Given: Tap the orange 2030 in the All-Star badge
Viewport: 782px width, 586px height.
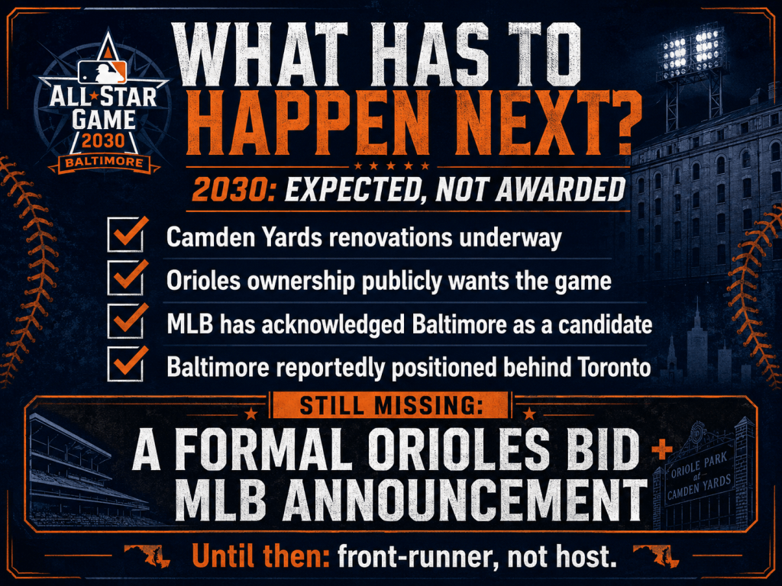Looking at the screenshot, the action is click(x=103, y=141).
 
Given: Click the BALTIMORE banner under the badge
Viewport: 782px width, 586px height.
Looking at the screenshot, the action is click(x=104, y=163).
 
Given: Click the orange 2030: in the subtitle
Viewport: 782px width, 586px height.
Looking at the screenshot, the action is click(x=234, y=189).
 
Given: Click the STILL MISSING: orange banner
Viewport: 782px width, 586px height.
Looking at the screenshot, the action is click(x=390, y=405).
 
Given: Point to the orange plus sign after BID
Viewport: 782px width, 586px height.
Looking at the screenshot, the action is click(x=662, y=450).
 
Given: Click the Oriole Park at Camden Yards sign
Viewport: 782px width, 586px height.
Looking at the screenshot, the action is click(x=700, y=477).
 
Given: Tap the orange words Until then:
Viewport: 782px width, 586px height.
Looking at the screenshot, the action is click(x=260, y=555).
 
